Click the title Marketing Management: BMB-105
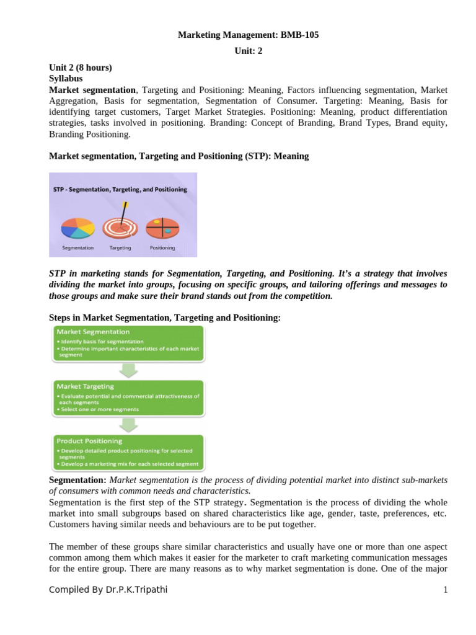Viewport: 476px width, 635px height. pos(248,35)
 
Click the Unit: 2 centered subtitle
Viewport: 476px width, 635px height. pos(248,51)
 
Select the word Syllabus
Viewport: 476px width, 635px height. pos(66,79)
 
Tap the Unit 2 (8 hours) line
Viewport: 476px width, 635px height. pos(81,68)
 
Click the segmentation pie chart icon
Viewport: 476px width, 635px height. pos(78,228)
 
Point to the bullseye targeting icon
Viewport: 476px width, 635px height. pos(120,226)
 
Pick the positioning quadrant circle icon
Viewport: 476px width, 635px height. pos(162,228)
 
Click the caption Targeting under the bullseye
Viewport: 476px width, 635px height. pos(120,248)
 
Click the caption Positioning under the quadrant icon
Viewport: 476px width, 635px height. pos(162,248)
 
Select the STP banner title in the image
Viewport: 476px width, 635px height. pos(123,189)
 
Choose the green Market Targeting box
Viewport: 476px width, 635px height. pos(128,397)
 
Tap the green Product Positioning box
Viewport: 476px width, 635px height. pos(128,452)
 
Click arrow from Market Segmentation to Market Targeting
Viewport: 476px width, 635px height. pos(128,371)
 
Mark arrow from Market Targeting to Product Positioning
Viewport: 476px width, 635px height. pos(128,425)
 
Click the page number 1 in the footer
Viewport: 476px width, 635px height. pos(445,590)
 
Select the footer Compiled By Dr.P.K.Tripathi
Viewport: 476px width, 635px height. pos(108,590)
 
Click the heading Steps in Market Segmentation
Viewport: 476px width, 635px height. pos(165,317)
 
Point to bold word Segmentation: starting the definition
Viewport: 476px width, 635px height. pos(77,481)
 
